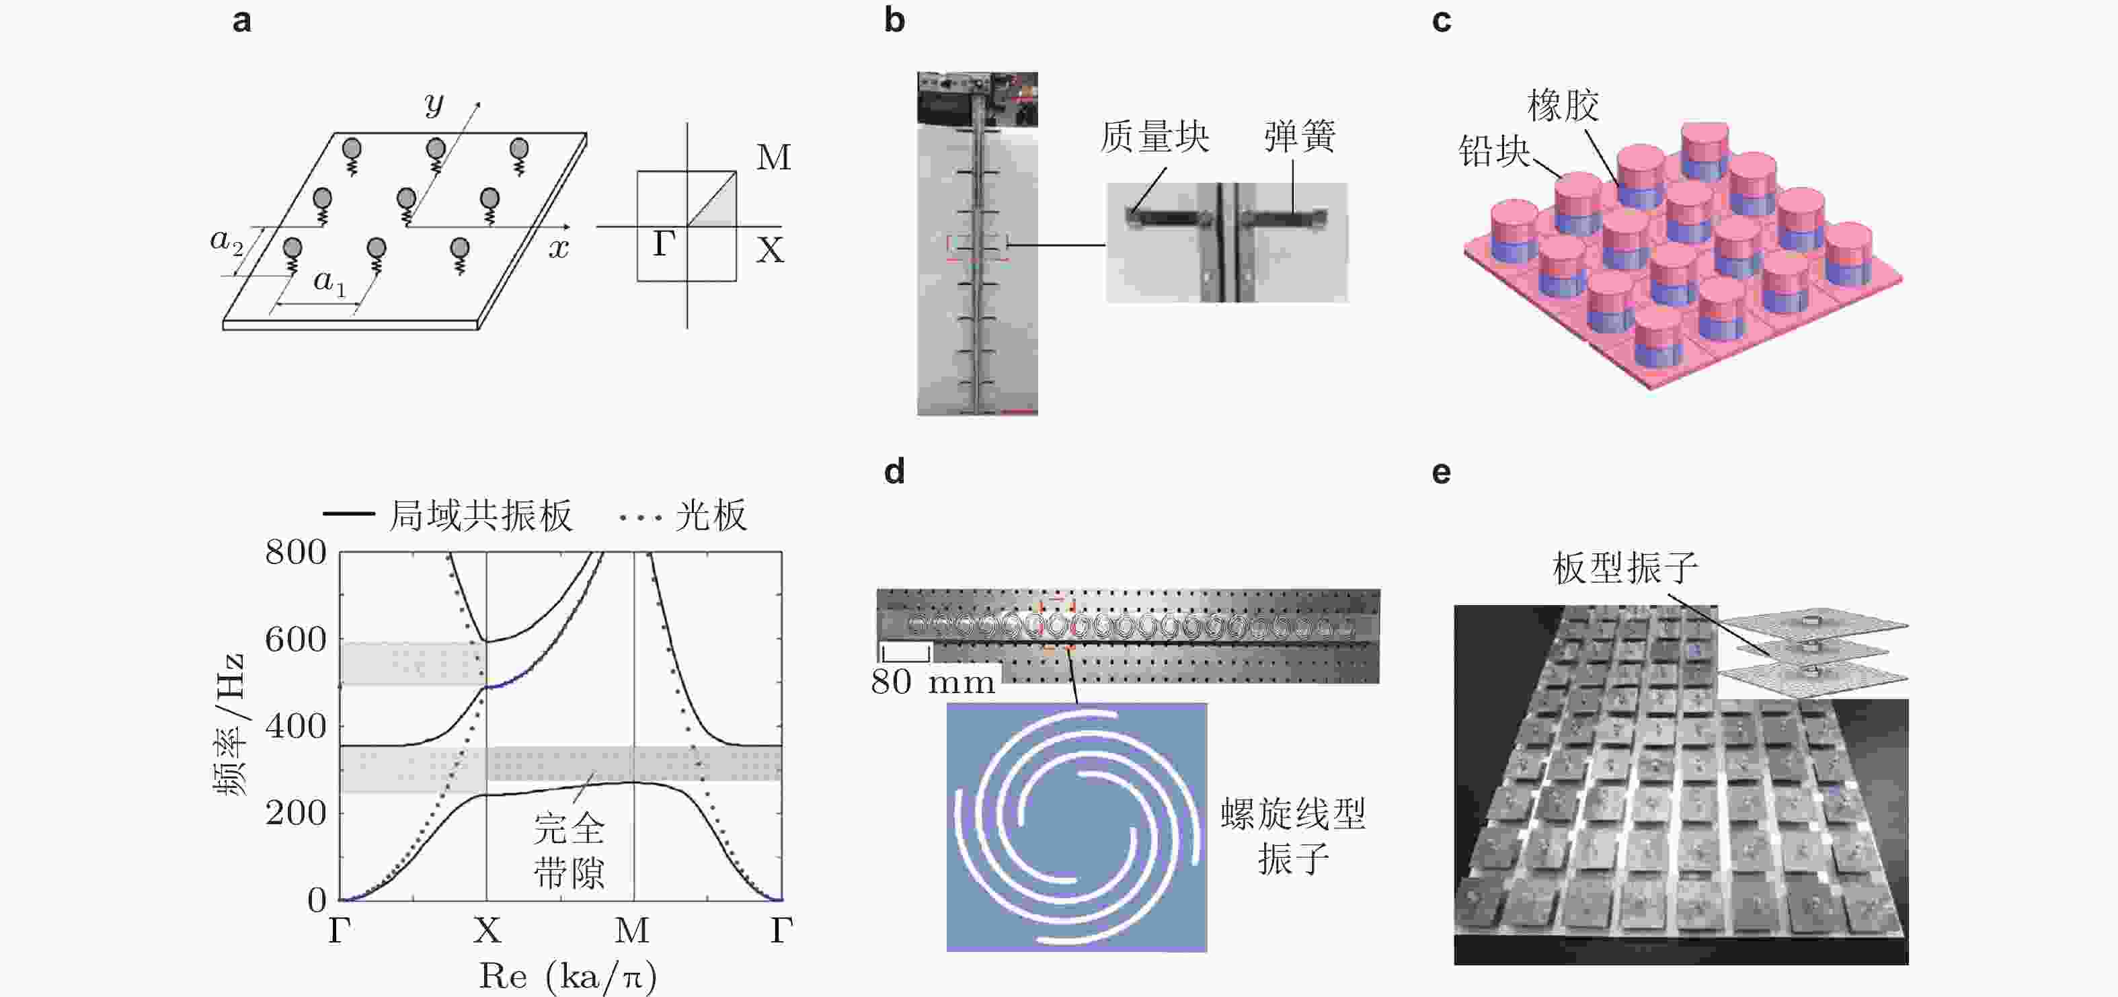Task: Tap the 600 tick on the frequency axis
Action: click(x=296, y=639)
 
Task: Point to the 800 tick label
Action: click(x=296, y=553)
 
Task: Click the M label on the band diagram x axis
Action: click(x=632, y=930)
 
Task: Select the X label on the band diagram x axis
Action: click(x=487, y=930)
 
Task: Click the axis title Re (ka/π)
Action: click(x=568, y=976)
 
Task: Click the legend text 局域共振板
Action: click(x=480, y=516)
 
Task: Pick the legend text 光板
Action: click(x=711, y=516)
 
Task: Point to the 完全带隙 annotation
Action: click(x=569, y=850)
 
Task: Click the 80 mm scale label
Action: click(x=933, y=682)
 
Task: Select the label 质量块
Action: click(x=1155, y=136)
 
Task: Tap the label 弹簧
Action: click(x=1300, y=136)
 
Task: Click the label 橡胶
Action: click(x=1563, y=105)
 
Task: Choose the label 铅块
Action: click(x=1494, y=151)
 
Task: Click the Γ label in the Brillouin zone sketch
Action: click(x=664, y=243)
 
